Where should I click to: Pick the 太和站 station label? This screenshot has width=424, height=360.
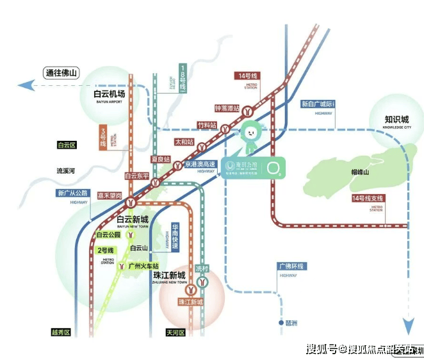[184, 142]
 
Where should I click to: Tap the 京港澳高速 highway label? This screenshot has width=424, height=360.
[200, 165]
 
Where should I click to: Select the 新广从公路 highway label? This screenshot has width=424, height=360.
[72, 193]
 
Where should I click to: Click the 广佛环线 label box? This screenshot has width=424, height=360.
[293, 266]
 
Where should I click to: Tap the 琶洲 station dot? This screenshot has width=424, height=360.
[280, 323]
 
